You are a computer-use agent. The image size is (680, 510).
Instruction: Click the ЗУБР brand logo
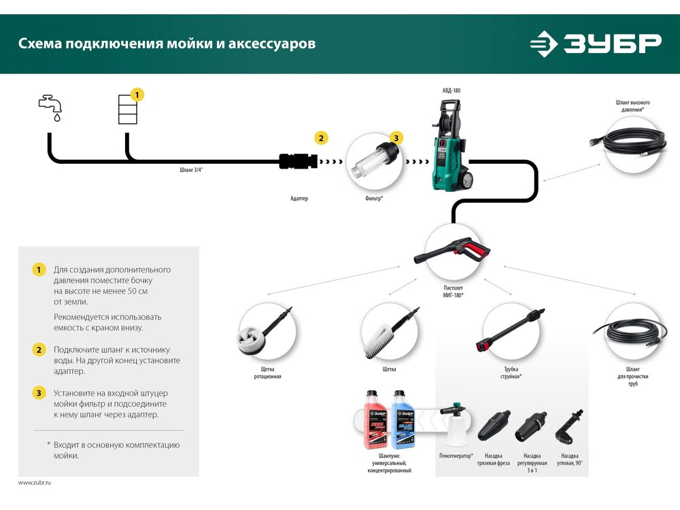(595, 44)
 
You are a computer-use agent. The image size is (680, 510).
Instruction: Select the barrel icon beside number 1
(127, 109)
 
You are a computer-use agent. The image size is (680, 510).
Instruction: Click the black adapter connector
(298, 162)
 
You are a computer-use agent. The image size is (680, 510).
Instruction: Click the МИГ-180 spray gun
(452, 251)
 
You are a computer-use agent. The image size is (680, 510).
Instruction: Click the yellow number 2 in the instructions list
(39, 350)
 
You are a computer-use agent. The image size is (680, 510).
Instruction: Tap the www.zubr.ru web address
(35, 482)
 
